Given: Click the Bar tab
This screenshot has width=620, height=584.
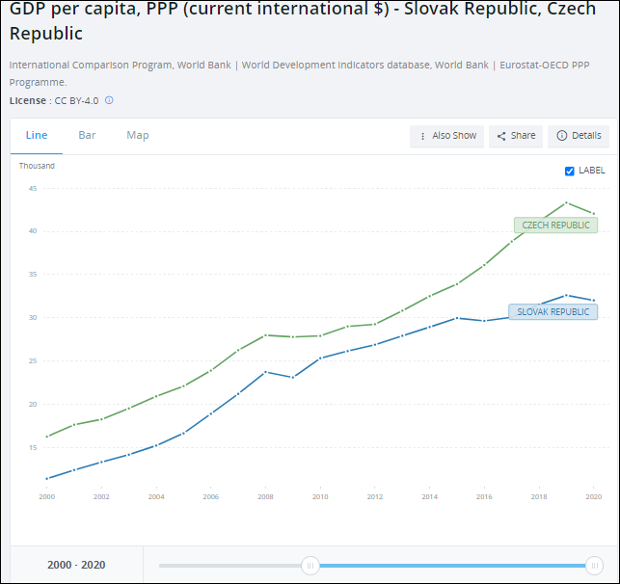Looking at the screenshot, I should point(87,136).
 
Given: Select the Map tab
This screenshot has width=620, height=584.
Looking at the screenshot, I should point(138,136).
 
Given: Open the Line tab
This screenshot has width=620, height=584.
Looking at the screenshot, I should point(37,136).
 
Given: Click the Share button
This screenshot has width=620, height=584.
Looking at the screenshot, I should point(516,136).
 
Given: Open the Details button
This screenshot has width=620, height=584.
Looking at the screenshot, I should point(579,136).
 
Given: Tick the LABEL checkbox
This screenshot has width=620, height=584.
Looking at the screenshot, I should point(570,171).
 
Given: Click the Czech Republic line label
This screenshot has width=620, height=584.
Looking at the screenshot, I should point(555,226).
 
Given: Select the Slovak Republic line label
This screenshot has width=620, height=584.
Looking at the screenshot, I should point(553,311).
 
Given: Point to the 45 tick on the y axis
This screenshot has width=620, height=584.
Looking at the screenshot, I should point(33,188).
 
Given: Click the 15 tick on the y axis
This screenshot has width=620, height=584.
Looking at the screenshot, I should point(33,447).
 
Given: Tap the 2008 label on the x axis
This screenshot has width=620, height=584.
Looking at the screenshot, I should point(266,496).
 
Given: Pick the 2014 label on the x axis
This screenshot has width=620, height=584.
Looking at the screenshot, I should point(430,496).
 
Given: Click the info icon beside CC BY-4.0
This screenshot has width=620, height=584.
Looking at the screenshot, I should point(109,100).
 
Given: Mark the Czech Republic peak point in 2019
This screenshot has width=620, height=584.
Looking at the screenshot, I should point(567,203).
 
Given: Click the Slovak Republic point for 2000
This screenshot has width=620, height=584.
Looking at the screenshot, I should point(47,478).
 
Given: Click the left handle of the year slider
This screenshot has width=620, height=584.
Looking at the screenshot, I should point(310,566).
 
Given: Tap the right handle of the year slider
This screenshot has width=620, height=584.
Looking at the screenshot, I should point(595,566).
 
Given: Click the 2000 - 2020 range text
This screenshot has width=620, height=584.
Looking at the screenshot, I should point(76,566).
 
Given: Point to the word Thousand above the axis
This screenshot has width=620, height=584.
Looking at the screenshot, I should point(37,166).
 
